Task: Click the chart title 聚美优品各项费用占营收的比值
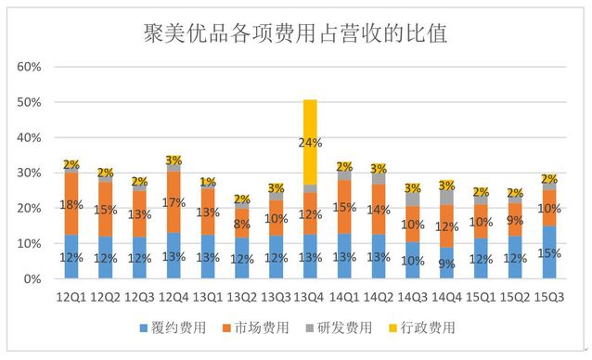(295, 34)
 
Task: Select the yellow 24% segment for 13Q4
(309, 142)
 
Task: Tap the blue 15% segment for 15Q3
(548, 252)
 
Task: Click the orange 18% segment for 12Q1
(71, 203)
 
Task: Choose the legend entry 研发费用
(344, 328)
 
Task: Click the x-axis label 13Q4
(309, 297)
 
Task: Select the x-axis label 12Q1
(71, 297)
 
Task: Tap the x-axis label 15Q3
(548, 297)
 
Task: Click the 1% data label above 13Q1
(208, 182)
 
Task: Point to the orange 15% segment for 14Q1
(343, 207)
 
